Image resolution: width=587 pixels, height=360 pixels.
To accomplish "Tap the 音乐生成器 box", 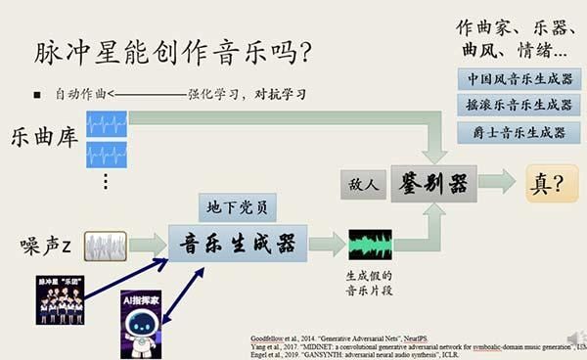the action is [x=238, y=244].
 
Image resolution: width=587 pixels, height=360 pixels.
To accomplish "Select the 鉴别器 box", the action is [x=432, y=182].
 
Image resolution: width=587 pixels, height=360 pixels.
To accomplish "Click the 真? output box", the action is [x=551, y=183].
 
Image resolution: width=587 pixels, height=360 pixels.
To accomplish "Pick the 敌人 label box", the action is [x=359, y=183].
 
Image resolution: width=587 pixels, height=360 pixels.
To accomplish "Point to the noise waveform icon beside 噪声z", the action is [x=105, y=245].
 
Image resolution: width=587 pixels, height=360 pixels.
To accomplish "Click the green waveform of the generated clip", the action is [x=370, y=244].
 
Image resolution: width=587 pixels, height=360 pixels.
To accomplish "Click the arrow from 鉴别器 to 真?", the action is [x=497, y=182].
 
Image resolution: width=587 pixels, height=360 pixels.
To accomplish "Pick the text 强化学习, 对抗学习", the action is [x=247, y=94].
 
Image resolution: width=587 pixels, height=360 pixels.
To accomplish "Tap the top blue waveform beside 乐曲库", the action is [x=107, y=122].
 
